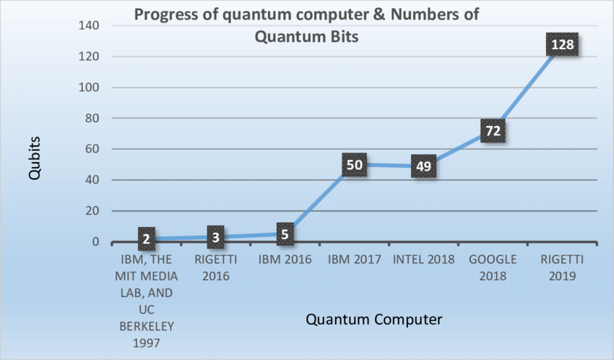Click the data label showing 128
pos(562,45)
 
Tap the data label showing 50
pos(355,164)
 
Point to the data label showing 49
pos(423,166)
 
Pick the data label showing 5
pos(285,233)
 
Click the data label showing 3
pos(216,236)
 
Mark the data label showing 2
pos(147,238)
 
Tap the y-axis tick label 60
pos(91,149)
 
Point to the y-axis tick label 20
pos(91,211)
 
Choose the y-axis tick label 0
pos(95,242)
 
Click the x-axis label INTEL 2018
pos(423,259)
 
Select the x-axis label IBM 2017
pos(354,259)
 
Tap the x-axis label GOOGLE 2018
pos(492,267)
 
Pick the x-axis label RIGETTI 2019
pos(561,267)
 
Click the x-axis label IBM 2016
pos(285,259)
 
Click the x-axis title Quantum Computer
pos(373,319)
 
